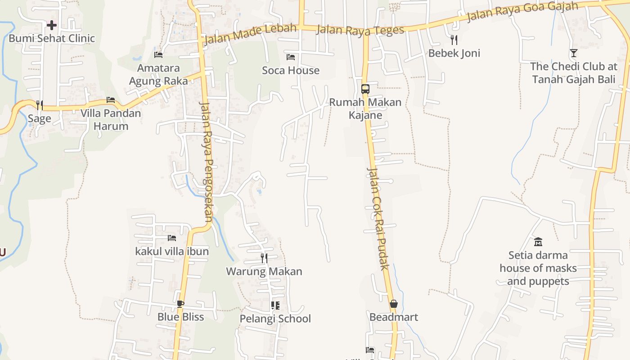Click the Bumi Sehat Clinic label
(x=52, y=38)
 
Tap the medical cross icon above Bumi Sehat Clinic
(x=52, y=25)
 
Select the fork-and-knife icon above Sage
(x=40, y=105)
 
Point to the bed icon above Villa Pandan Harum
(x=111, y=100)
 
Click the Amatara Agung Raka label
(x=158, y=75)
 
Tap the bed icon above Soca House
(x=291, y=57)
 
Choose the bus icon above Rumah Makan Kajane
(x=365, y=89)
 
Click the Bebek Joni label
(x=454, y=53)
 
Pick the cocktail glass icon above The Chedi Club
(x=573, y=53)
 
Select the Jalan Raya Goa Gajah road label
(x=522, y=11)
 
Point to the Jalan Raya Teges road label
(x=360, y=30)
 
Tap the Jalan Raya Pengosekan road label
(x=206, y=162)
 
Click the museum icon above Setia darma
(x=538, y=242)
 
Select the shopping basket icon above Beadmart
(x=394, y=304)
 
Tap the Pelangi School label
(x=275, y=319)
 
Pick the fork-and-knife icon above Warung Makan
(x=264, y=258)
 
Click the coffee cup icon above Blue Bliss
(x=180, y=304)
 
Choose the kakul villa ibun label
(x=172, y=251)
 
